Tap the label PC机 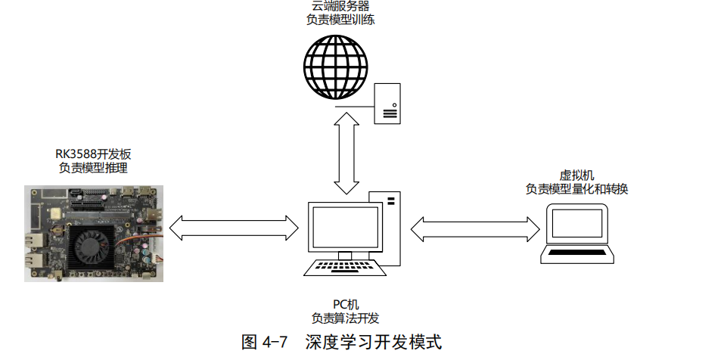[344, 304]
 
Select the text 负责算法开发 [344, 318]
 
